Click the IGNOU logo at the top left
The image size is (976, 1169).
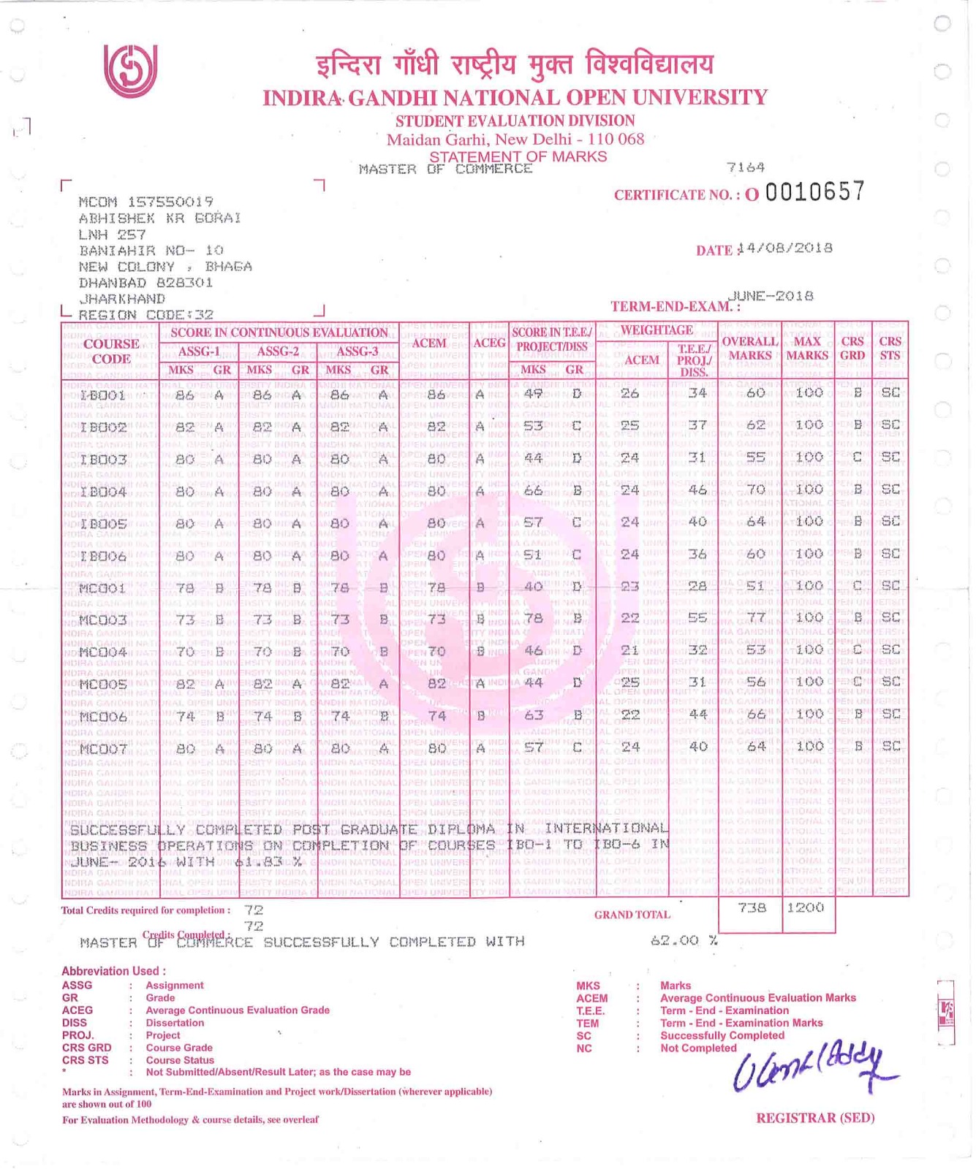[x=130, y=71]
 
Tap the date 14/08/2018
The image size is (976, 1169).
[x=786, y=248]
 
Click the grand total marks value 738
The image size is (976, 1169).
[x=752, y=908]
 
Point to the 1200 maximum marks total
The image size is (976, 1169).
[x=806, y=908]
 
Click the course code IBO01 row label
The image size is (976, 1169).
[x=103, y=395]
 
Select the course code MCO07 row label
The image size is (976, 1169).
[x=103, y=749]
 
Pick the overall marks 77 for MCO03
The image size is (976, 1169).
[x=755, y=618]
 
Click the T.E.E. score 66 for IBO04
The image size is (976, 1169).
[x=534, y=490]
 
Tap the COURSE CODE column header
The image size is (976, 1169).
[x=111, y=351]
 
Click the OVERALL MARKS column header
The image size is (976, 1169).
[x=749, y=349]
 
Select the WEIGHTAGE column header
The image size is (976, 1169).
[x=657, y=330]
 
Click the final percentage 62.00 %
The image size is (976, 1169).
[x=684, y=941]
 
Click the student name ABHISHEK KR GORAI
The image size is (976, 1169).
[x=159, y=218]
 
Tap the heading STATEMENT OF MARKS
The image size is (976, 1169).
[x=518, y=156]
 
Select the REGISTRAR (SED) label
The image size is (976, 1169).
[x=815, y=1118]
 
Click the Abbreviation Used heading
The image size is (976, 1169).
[x=113, y=971]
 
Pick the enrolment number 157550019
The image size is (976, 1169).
[x=170, y=202]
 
